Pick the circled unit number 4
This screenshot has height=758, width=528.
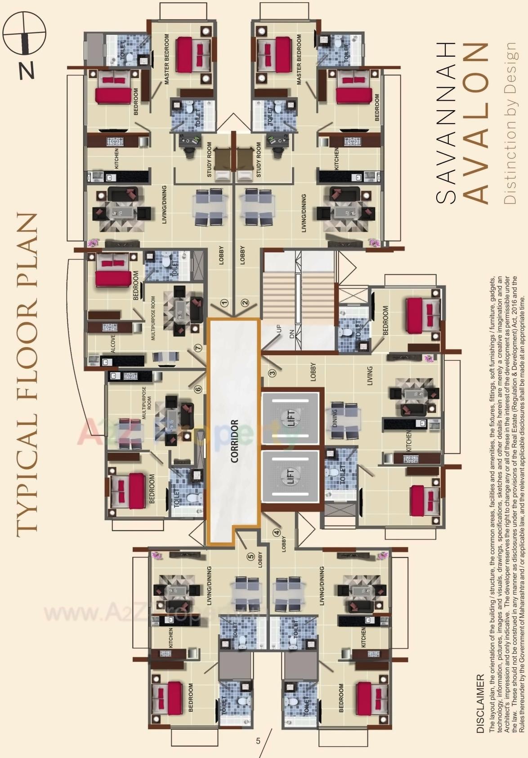[x=277, y=533]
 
